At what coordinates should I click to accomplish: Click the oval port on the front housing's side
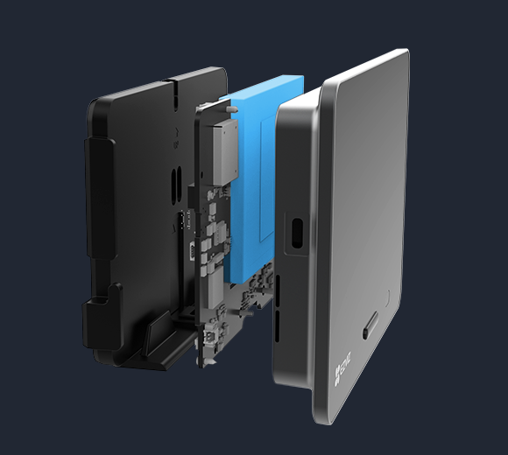[x=297, y=232]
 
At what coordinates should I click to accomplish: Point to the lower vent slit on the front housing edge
[x=278, y=328]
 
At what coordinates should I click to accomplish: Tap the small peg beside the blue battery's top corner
[x=236, y=106]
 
